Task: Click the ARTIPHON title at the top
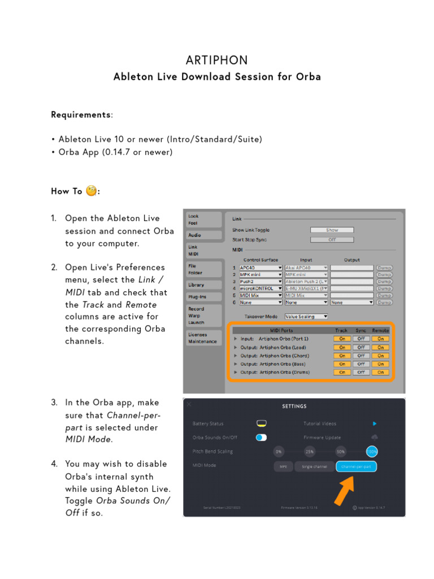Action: point(217,60)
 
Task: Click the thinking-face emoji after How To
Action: point(91,191)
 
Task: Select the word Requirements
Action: point(81,115)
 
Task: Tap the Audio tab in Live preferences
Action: point(195,235)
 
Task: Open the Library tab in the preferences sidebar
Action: point(196,285)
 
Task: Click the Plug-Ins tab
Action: point(197,296)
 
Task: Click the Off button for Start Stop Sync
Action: point(332,239)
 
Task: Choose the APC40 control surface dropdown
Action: point(261,267)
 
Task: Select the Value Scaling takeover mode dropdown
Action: point(306,317)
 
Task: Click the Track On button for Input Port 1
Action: point(341,339)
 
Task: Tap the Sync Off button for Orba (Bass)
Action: point(361,364)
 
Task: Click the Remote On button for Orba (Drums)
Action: point(380,373)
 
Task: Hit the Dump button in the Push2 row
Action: point(384,281)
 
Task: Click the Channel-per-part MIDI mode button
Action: point(356,466)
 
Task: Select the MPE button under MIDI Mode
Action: point(283,466)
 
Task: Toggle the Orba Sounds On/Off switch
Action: point(261,437)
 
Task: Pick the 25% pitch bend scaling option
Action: point(310,452)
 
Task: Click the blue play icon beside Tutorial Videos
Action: point(375,424)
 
